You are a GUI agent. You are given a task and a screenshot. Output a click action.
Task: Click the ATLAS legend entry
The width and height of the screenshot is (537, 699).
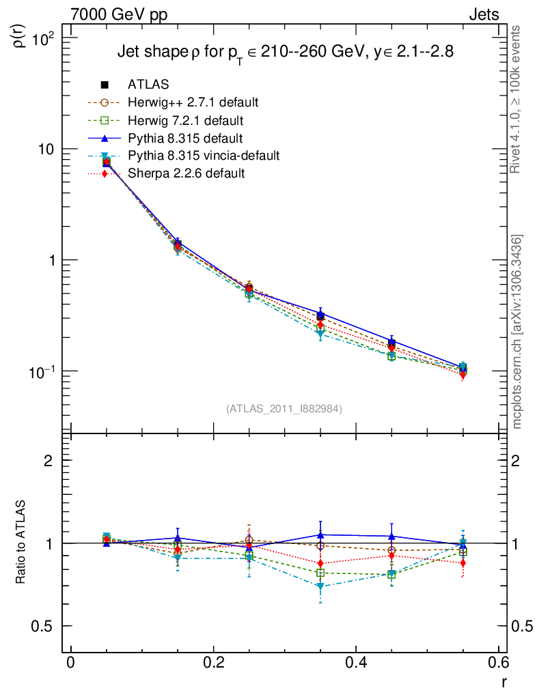148,85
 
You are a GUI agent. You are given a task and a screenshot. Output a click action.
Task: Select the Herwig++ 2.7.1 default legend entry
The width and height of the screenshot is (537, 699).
193,102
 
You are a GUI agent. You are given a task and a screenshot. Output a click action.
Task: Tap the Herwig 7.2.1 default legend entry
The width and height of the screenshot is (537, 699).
185,120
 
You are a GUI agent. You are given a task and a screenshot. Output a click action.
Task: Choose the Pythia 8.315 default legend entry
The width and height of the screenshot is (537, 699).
185,138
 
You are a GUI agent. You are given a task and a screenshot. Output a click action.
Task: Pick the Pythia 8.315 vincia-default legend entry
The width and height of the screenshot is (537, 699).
203,156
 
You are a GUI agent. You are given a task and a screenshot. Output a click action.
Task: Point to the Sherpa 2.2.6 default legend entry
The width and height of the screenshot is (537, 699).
186,173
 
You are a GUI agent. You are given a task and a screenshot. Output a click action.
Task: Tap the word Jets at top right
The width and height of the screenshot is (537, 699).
483,14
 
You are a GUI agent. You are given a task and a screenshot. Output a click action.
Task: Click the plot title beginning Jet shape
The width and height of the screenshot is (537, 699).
285,52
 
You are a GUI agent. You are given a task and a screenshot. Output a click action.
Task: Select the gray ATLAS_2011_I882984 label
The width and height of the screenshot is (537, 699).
284,408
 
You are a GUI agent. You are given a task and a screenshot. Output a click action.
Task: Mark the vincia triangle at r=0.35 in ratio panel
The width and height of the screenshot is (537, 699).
320,586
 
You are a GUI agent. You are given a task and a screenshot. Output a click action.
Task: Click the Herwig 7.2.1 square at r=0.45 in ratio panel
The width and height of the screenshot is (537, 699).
391,575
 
